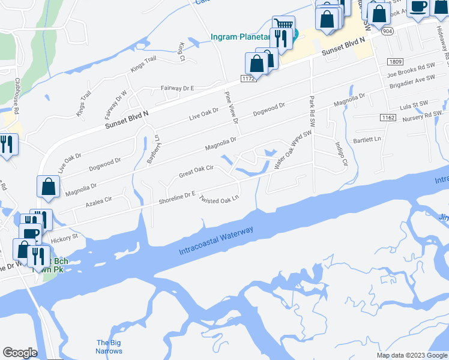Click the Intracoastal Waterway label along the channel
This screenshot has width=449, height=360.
[216, 241]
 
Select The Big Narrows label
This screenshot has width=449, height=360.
[109, 347]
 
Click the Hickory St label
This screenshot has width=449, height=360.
[65, 239]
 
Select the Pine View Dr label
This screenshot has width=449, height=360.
[232, 108]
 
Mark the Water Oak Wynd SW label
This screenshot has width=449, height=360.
[294, 150]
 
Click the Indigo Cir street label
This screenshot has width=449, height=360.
[340, 154]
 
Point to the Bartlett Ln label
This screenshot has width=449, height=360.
[367, 140]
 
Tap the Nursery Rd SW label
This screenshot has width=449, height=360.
[425, 114]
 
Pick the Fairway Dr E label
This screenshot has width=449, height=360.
[177, 88]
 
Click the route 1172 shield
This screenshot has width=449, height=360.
[249, 78]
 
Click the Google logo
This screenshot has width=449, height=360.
[20, 353]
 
